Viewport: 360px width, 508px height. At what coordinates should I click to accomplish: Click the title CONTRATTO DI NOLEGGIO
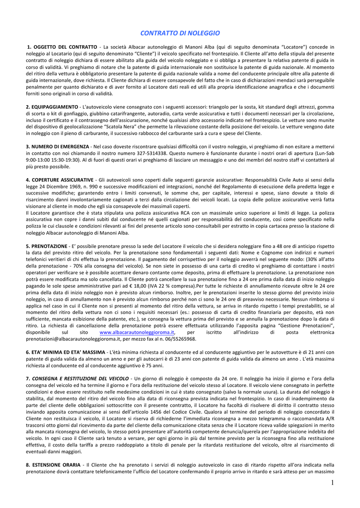(180, 33)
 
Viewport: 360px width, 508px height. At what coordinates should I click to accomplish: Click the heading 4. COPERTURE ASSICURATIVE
(60, 180)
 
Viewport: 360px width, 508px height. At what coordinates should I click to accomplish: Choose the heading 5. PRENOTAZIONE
(46, 246)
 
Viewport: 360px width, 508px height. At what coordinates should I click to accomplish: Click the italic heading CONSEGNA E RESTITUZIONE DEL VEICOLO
(80, 379)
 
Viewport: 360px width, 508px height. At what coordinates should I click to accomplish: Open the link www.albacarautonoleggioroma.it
(137, 332)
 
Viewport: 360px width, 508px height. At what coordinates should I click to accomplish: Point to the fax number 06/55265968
(179, 339)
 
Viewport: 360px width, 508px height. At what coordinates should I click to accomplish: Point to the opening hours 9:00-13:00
(38, 160)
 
